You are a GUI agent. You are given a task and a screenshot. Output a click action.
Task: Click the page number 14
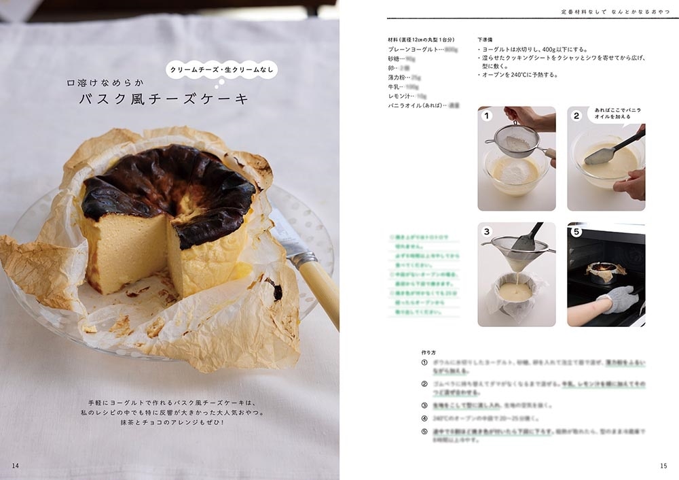pos(16,465)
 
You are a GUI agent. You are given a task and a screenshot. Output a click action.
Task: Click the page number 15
pos(663,466)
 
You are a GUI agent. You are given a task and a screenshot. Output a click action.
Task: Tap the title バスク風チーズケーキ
pos(164,100)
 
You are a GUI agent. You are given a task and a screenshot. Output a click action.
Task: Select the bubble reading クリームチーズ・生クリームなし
pos(221,69)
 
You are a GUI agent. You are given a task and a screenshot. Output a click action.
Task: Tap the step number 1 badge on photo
pos(486,116)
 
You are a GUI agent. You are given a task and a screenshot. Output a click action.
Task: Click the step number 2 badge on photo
pos(576,116)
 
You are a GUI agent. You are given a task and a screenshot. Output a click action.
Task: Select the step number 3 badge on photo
pos(486,232)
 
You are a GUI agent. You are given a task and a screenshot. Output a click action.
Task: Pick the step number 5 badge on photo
pos(576,232)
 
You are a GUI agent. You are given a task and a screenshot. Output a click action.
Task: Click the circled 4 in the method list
pos(424,418)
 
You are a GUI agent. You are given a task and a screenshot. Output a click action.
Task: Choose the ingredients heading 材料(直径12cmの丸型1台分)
pos(421,39)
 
